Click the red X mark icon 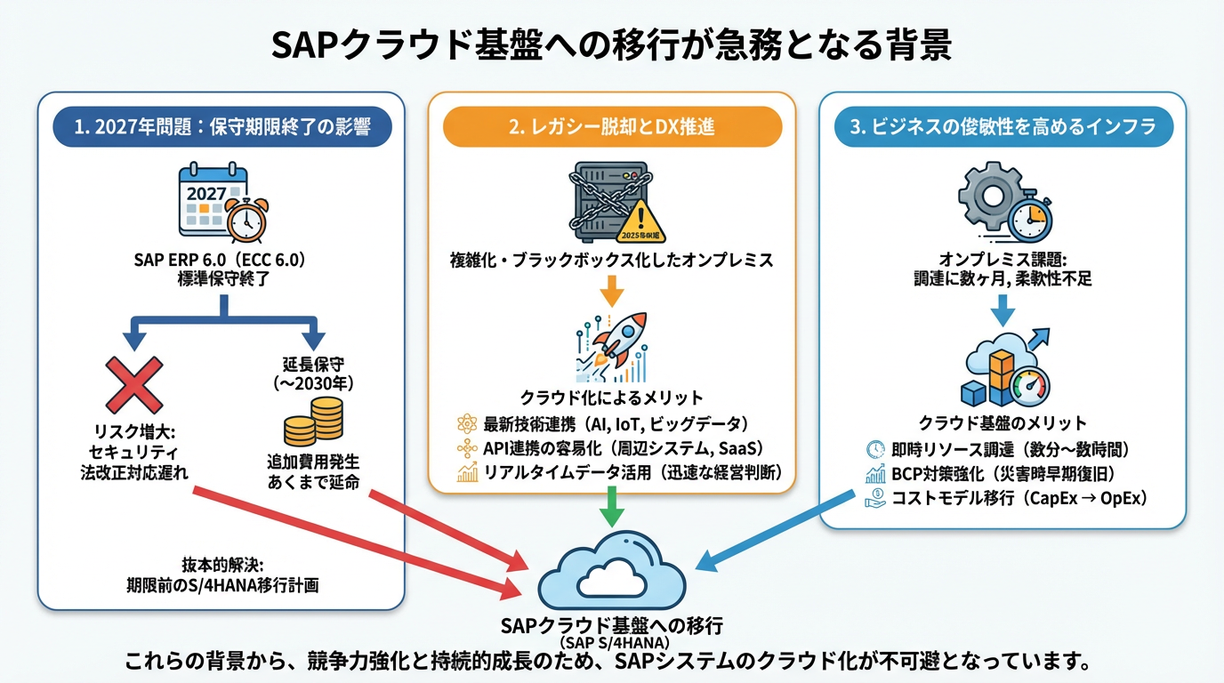[134, 384]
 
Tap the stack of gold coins [313, 421]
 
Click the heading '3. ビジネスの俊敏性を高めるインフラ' [1003, 127]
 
